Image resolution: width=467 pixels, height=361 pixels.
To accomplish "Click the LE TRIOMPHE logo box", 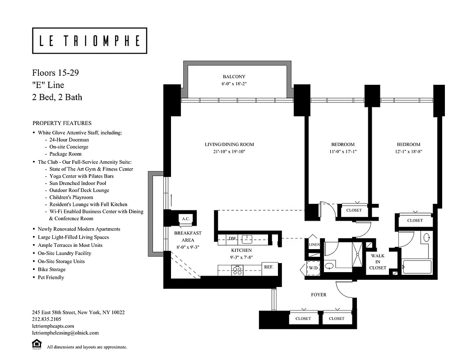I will pos(89,41).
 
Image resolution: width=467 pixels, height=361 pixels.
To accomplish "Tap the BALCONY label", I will pos(234,77).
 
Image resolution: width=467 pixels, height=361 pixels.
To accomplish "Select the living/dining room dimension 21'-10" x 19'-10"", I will pos(229,152).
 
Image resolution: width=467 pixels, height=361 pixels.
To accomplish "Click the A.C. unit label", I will pos(185,219).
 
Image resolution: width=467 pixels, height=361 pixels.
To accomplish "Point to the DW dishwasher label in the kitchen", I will pos(232,238).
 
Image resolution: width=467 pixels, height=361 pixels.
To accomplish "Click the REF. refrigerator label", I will pos(269,267).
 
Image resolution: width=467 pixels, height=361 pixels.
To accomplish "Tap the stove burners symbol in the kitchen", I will pos(237,270).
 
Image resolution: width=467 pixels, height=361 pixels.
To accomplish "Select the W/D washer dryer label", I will pos(313,268).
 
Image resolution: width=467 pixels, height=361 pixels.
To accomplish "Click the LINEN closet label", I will pos(314,245).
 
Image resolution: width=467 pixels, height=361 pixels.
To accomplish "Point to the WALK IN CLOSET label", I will pos(378,262).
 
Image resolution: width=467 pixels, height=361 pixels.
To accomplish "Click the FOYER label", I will pos(319,295).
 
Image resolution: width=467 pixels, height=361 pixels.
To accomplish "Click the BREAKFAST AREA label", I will pos(188,236).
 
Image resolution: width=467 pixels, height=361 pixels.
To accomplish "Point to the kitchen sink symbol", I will pos(246,239).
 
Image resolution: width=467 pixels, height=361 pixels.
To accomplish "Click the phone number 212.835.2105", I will pos(46,319).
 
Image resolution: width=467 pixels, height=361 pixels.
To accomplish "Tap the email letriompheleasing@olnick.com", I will pos(65,333).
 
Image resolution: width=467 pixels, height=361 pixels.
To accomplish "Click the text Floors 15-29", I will pos(55,73).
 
